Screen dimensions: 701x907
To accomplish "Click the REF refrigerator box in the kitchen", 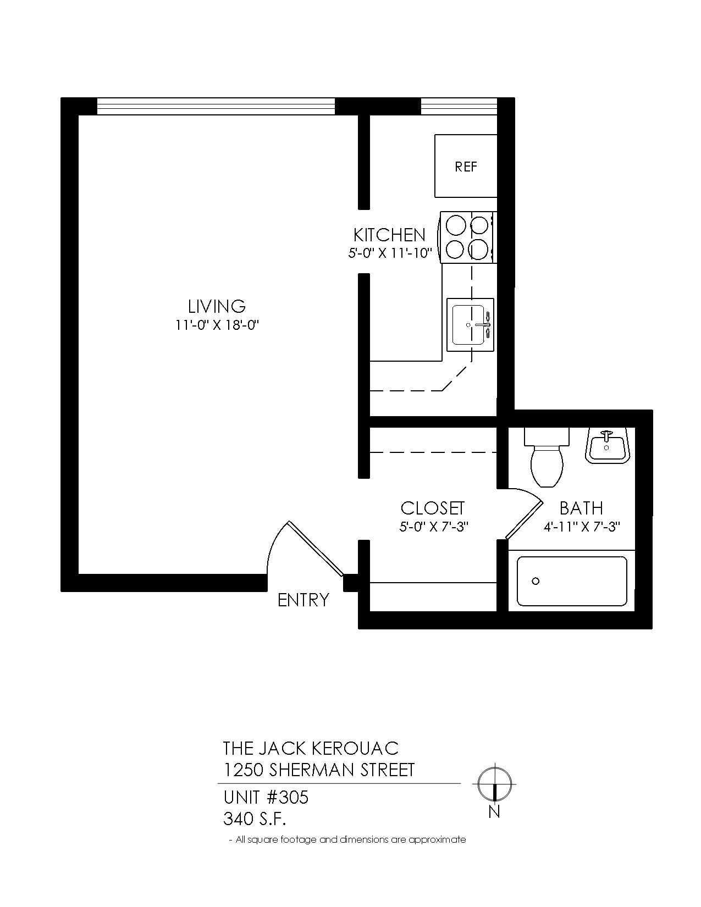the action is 466,165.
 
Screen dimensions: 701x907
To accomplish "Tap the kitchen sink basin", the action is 470,324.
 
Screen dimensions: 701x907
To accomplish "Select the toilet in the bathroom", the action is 547,457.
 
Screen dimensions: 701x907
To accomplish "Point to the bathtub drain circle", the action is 536,580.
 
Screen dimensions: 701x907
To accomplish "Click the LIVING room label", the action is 217,306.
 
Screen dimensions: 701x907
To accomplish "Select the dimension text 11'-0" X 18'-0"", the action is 218,325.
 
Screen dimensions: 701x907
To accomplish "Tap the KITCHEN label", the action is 389,235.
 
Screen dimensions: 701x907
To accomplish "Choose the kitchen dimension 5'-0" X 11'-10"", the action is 389,253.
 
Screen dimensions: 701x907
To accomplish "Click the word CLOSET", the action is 432,508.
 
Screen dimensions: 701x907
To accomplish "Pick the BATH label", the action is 581,508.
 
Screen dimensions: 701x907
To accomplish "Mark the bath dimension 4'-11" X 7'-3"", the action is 581,527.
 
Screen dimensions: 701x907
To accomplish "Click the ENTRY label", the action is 303,600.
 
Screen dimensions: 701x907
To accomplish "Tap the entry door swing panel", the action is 315,549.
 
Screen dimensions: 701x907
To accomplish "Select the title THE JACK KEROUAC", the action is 311,748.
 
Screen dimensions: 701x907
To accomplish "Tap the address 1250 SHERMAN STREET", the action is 319,770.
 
